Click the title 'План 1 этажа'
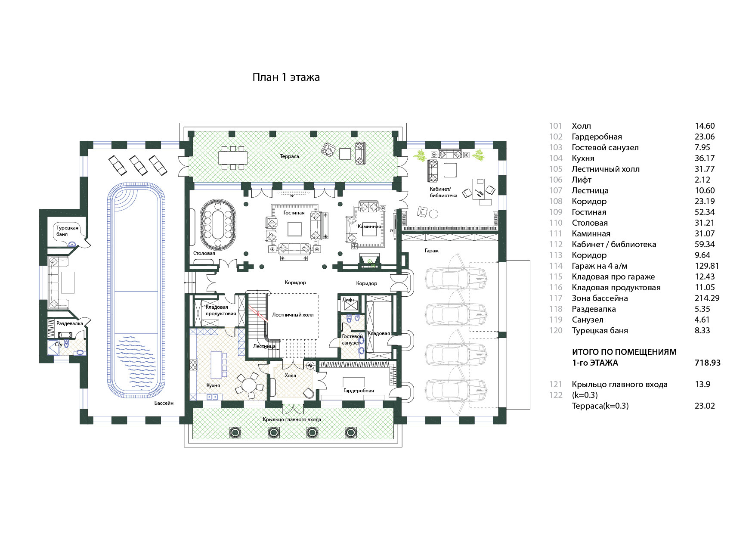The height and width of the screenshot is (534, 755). tap(286, 78)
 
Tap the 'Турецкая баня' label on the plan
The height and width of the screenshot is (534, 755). tap(67, 231)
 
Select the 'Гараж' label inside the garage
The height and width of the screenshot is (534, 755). tap(431, 251)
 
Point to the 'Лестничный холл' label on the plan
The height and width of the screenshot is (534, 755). tap(293, 315)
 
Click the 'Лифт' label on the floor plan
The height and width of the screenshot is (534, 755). tap(348, 300)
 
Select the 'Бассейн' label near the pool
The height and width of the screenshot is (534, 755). tap(164, 403)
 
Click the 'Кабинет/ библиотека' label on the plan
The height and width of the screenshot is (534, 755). tap(443, 192)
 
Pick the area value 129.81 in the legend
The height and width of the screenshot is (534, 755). tap(707, 266)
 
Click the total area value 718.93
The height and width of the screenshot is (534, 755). tap(707, 363)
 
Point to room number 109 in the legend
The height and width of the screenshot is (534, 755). tap(556, 212)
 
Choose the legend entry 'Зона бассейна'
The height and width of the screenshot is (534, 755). tap(600, 298)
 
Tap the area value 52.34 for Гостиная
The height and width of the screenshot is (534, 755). tap(705, 212)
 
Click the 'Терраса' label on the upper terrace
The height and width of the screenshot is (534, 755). tap(289, 156)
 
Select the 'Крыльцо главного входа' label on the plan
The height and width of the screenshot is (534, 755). tap(292, 419)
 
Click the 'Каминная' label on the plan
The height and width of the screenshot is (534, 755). tap(369, 227)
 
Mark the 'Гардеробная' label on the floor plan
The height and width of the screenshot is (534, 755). tap(359, 391)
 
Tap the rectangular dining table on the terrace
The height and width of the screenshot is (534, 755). tap(233, 158)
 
